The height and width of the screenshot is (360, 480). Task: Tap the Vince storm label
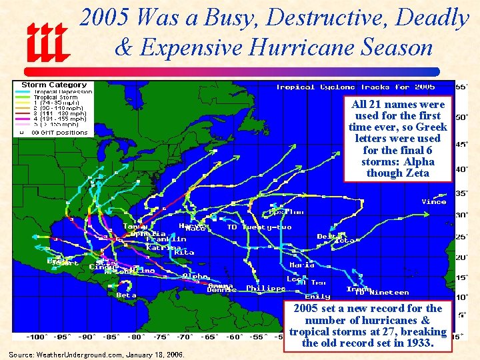[x=434, y=202]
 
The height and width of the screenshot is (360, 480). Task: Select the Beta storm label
[x=126, y=295]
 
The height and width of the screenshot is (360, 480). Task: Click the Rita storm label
[x=184, y=253]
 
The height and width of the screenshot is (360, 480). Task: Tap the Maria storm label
[x=302, y=265]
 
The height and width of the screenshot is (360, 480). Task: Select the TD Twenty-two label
[x=259, y=227]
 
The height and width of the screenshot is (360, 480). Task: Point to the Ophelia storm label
[x=148, y=233]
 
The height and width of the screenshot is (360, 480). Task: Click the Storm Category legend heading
[x=54, y=85]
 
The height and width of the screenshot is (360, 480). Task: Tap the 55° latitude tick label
[x=461, y=87]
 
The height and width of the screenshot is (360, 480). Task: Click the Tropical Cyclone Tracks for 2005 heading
[x=355, y=87]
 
